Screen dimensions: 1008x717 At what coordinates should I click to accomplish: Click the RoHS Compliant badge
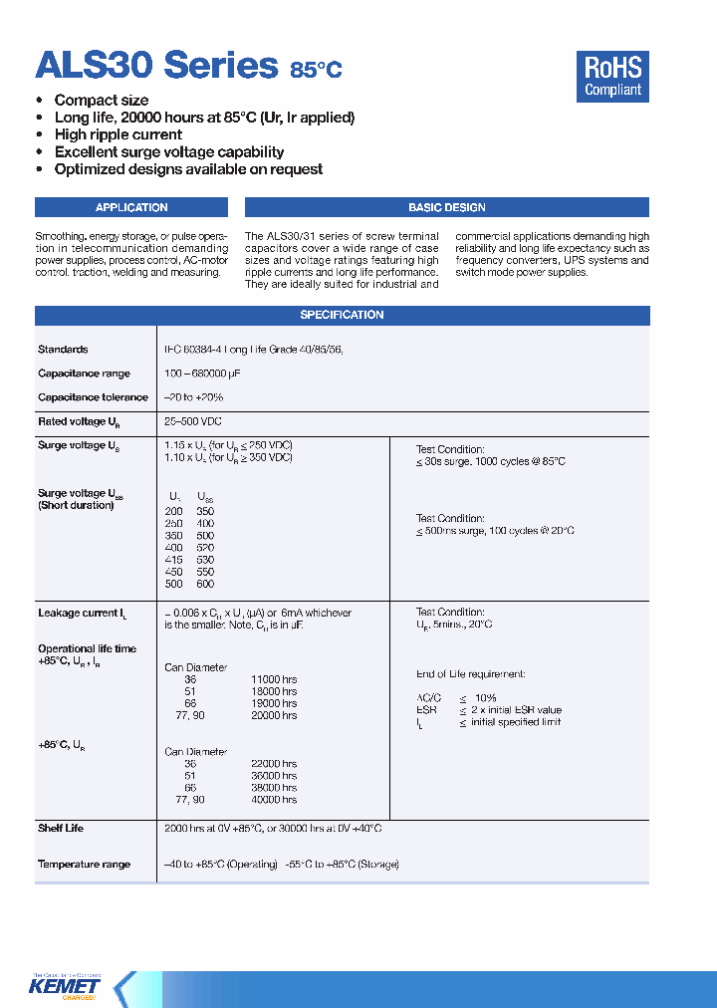[x=612, y=77]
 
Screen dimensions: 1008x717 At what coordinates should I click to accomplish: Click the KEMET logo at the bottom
[x=67, y=986]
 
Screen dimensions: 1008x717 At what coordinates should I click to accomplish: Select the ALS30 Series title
[x=155, y=65]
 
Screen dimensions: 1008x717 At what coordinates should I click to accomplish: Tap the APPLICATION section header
[x=131, y=207]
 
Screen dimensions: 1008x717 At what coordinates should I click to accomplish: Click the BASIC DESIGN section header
[x=446, y=207]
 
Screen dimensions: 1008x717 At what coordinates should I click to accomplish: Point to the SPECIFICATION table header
[x=342, y=315]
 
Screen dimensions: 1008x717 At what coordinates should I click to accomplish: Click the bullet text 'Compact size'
[x=102, y=101]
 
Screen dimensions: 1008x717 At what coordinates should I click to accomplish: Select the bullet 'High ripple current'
[x=118, y=134]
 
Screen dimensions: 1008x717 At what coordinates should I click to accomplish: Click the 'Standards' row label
[x=63, y=350]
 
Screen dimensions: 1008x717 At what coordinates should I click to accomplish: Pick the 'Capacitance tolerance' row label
[x=93, y=397]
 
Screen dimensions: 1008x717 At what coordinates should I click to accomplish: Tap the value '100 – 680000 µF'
[x=202, y=374]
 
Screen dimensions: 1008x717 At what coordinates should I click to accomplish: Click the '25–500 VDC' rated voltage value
[x=193, y=421]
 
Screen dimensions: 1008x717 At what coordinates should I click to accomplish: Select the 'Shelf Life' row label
[x=61, y=829]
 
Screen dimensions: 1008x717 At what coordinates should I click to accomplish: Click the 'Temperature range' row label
[x=84, y=865]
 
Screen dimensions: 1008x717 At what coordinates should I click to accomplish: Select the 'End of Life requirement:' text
[x=470, y=674]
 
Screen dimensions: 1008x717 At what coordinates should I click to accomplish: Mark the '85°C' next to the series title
[x=316, y=70]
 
